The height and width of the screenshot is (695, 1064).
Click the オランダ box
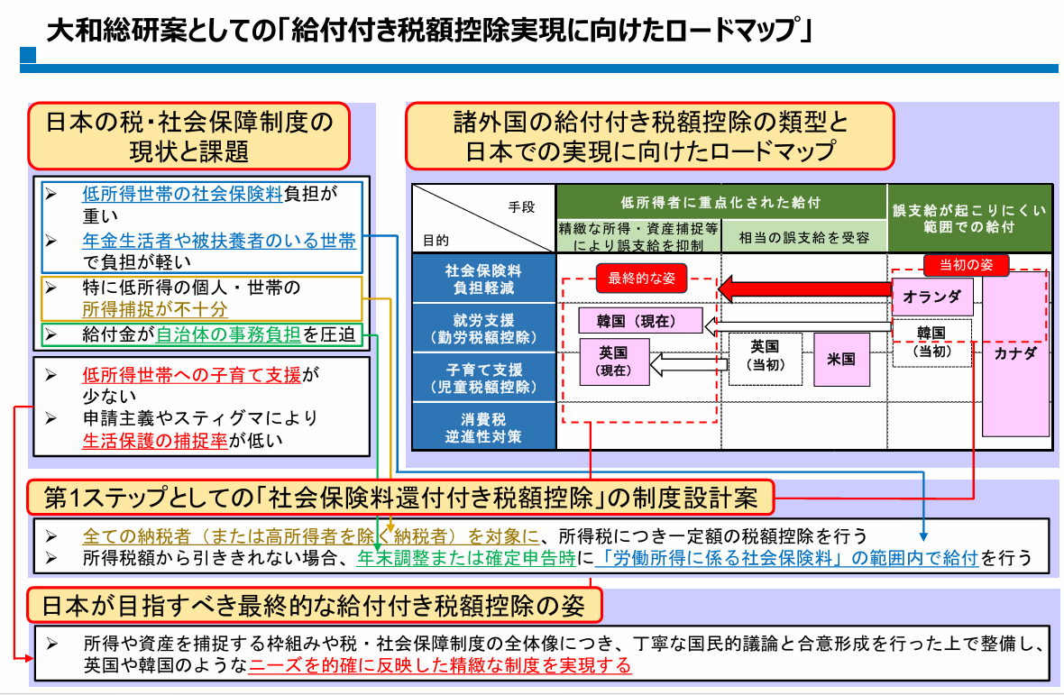pyautogui.click(x=932, y=297)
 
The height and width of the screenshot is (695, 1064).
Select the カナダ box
pyautogui.click(x=1015, y=353)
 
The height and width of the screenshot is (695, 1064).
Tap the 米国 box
pyautogui.click(x=840, y=358)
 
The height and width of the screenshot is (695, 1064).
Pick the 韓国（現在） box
pyautogui.click(x=639, y=320)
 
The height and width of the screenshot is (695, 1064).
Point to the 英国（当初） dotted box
pyautogui.click(x=764, y=358)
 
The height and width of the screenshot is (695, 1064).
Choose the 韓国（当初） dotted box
pyautogui.click(x=932, y=342)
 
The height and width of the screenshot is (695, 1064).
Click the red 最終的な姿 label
pyautogui.click(x=641, y=279)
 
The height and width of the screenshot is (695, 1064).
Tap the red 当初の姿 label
pyautogui.click(x=966, y=265)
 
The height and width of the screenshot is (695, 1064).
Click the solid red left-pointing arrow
pyautogui.click(x=803, y=290)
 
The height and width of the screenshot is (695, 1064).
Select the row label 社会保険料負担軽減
pyautogui.click(x=483, y=279)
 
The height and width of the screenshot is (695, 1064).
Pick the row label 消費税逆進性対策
pyautogui.click(x=483, y=428)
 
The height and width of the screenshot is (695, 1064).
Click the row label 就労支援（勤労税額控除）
pyautogui.click(x=483, y=329)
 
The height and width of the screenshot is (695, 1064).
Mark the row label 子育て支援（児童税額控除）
pyautogui.click(x=483, y=379)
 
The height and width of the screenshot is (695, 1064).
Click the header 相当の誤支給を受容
pyautogui.click(x=803, y=238)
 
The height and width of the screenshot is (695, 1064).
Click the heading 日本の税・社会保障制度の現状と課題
pyautogui.click(x=188, y=135)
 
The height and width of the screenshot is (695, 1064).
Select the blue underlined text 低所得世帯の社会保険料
pyautogui.click(x=182, y=194)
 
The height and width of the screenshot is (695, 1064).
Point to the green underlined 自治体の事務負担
pyautogui.click(x=228, y=334)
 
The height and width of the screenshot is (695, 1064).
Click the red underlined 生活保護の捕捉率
pyautogui.click(x=154, y=440)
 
